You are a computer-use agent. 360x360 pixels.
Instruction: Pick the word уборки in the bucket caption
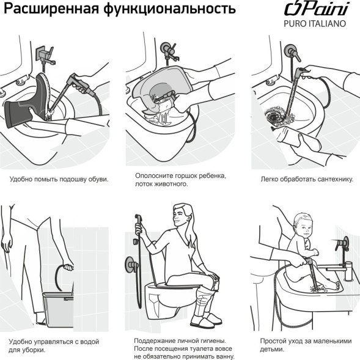coord(35,350)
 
